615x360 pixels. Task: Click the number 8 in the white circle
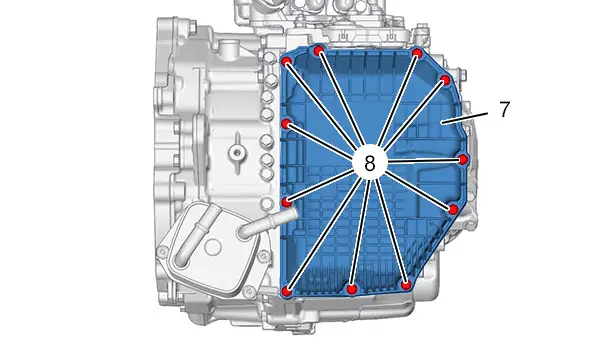[x=370, y=163]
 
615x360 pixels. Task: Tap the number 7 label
[x=504, y=109]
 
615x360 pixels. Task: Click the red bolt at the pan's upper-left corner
[x=287, y=61]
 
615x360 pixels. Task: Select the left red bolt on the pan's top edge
[x=319, y=50]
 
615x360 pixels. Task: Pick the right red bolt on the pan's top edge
[x=417, y=53]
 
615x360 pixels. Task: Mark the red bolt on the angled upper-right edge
[x=445, y=80]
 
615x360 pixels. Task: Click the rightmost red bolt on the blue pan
[x=463, y=159]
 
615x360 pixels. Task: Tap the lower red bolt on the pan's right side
[x=453, y=209]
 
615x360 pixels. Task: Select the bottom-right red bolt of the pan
[x=406, y=284]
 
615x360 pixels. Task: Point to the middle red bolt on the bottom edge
[x=351, y=289]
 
